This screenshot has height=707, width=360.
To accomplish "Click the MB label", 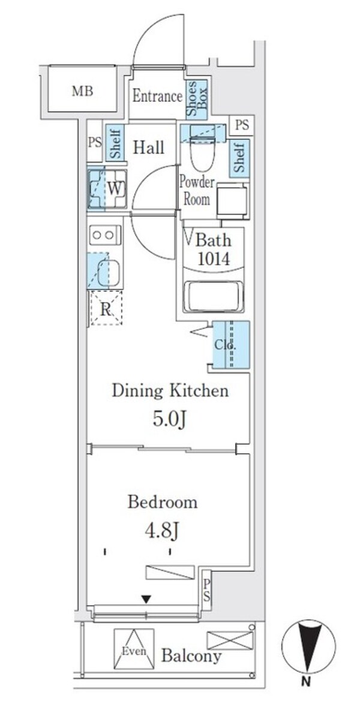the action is pyautogui.click(x=83, y=91).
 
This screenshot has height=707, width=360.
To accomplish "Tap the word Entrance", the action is pyautogui.click(x=157, y=95).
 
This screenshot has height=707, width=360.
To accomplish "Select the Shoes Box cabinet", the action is pyautogui.click(x=197, y=99).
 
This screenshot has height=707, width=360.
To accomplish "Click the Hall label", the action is pyautogui.click(x=148, y=148).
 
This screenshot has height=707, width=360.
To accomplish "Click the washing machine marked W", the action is pyautogui.click(x=107, y=188).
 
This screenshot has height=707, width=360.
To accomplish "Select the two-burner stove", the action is pyautogui.click(x=105, y=235).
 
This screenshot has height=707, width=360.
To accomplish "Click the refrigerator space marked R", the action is pyautogui.click(x=106, y=309).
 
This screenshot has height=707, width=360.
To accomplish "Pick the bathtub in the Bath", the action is pyautogui.click(x=214, y=296).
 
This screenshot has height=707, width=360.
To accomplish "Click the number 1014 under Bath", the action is pyautogui.click(x=214, y=259).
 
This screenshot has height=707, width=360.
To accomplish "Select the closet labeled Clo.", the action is pyautogui.click(x=230, y=344).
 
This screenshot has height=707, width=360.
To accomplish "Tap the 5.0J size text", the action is pyautogui.click(x=170, y=419).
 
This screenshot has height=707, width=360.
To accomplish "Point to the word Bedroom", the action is pyautogui.click(x=163, y=502).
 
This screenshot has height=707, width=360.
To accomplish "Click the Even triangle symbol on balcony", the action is pyautogui.click(x=134, y=649).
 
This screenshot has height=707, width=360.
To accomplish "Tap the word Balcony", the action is pyautogui.click(x=191, y=656).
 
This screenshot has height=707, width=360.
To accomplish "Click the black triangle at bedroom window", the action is pyautogui.click(x=146, y=599).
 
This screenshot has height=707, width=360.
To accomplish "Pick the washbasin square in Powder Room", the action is pyautogui.click(x=232, y=201).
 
